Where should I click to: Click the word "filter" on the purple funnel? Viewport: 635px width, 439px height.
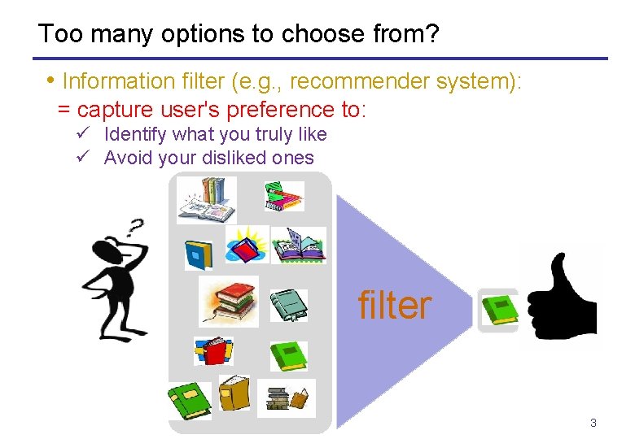pyautogui.click(x=395, y=306)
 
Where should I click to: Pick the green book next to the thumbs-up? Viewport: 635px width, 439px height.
pyautogui.click(x=497, y=310)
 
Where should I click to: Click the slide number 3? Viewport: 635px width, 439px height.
pyautogui.click(x=593, y=423)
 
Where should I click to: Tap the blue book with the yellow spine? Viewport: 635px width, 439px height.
pyautogui.click(x=198, y=254)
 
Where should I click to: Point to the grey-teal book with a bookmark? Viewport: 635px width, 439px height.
pyautogui.click(x=289, y=305)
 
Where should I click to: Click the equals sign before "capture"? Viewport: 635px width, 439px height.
pyautogui.click(x=63, y=109)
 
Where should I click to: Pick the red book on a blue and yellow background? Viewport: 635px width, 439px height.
pyautogui.click(x=213, y=350)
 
